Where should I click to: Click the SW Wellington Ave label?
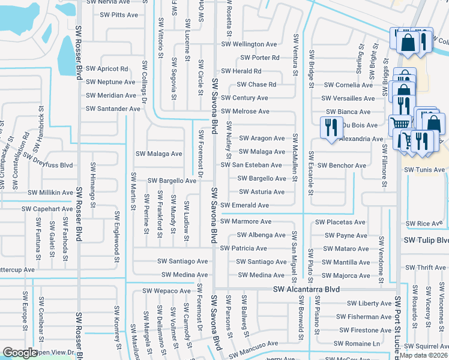click(x=249, y=44)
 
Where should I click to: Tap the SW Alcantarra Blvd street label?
click(x=306, y=289)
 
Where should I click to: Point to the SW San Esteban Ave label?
click(x=251, y=165)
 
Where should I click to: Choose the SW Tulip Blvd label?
click(x=426, y=240)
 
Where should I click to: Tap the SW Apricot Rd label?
click(x=107, y=69)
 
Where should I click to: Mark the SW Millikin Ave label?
click(x=50, y=193)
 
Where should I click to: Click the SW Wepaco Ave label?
click(x=166, y=291)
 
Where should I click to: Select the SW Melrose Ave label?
click(x=245, y=112)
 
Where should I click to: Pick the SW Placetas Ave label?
click(x=340, y=222)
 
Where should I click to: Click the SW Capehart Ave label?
click(x=47, y=209)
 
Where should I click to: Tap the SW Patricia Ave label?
click(x=243, y=248)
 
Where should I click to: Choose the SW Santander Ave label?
click(x=113, y=109)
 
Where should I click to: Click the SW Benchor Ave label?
click(x=341, y=166)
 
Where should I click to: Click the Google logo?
click(x=20, y=353)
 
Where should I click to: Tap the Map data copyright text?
click(x=424, y=355)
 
